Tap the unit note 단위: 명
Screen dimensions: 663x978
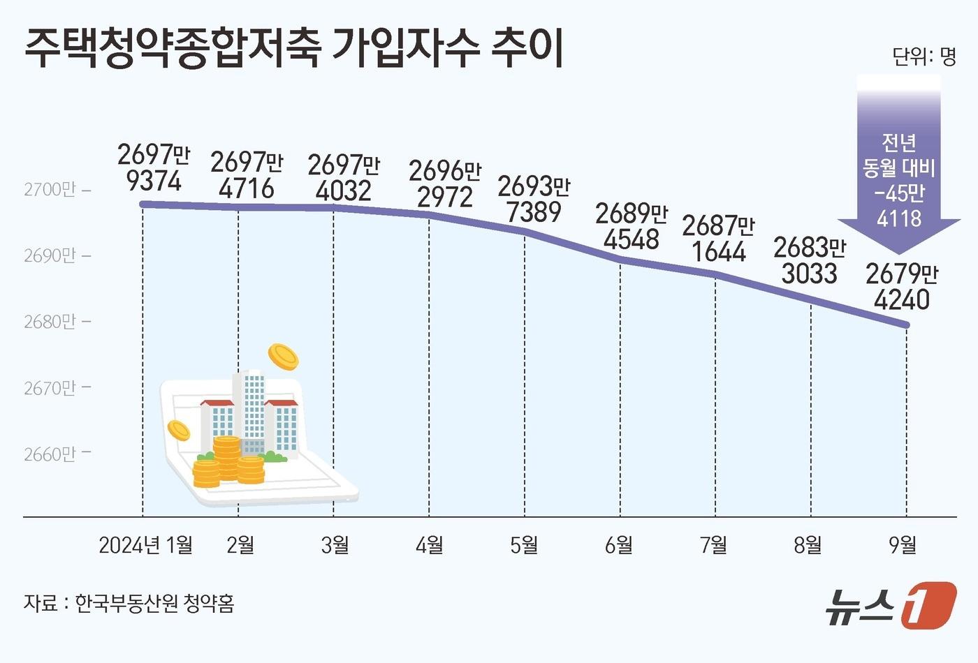(924, 56)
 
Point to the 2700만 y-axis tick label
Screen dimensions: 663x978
(50, 190)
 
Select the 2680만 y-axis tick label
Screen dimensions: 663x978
(50, 322)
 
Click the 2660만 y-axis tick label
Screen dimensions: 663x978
(50, 454)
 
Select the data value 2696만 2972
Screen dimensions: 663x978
(444, 184)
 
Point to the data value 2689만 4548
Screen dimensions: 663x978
(632, 227)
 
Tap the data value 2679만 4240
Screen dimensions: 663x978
(902, 287)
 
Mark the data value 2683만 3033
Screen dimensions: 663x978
(810, 260)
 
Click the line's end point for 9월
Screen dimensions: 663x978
(907, 325)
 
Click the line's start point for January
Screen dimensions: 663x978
(143, 204)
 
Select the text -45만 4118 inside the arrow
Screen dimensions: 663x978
(899, 206)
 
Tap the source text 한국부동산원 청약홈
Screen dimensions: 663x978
(154, 603)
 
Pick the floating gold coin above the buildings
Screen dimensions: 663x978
(283, 357)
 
